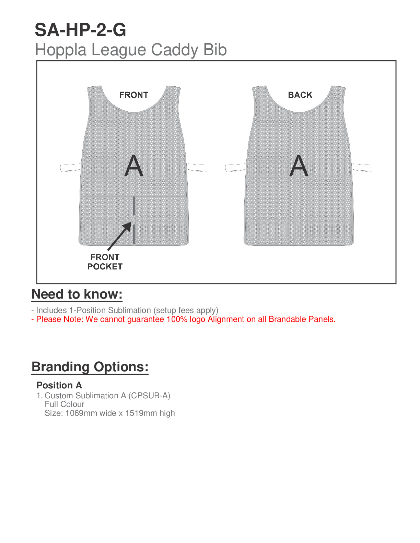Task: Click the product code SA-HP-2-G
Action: [80, 30]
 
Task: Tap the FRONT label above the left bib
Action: [133, 95]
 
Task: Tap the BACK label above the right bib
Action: [300, 95]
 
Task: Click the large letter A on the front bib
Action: [133, 166]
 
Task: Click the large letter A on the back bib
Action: [299, 166]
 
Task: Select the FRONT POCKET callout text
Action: [105, 262]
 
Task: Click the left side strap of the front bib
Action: [71, 168]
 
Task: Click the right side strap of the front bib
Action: [197, 168]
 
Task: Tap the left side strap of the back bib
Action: [236, 168]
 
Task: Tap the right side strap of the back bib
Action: [362, 168]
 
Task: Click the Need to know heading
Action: [77, 294]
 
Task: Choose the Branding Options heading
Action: [90, 367]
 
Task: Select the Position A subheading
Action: [59, 385]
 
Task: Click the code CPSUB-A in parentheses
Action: [149, 396]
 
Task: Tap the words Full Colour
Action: [65, 404]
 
